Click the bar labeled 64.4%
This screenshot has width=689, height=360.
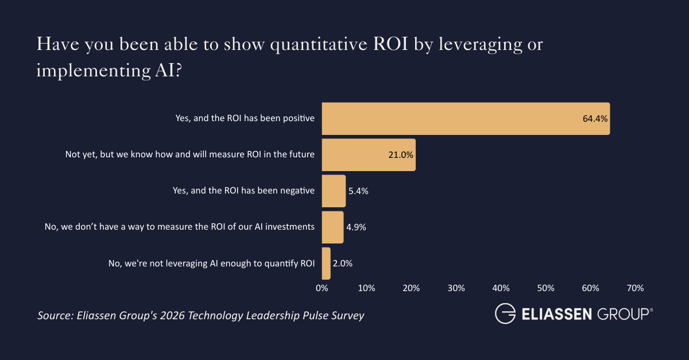(x=465, y=119)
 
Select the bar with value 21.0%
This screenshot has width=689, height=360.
(x=368, y=155)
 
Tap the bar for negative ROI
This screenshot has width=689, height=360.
(x=334, y=191)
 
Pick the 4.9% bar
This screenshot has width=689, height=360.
(x=332, y=227)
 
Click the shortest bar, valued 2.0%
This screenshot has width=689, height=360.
(x=326, y=263)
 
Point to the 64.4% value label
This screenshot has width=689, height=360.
(x=595, y=119)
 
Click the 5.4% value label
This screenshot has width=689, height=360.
(x=358, y=191)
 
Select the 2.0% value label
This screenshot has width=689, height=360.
(x=342, y=264)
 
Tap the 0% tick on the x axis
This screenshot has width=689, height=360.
(x=322, y=288)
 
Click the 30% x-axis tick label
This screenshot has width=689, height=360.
(x=456, y=288)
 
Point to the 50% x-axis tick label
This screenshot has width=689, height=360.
(x=545, y=288)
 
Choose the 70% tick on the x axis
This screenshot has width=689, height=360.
(x=635, y=288)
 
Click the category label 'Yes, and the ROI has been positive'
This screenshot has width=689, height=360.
(x=245, y=119)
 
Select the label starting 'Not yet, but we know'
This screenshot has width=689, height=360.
(x=190, y=155)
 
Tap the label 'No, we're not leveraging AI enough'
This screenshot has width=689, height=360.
(x=211, y=264)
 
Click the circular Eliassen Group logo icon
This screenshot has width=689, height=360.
(x=505, y=314)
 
